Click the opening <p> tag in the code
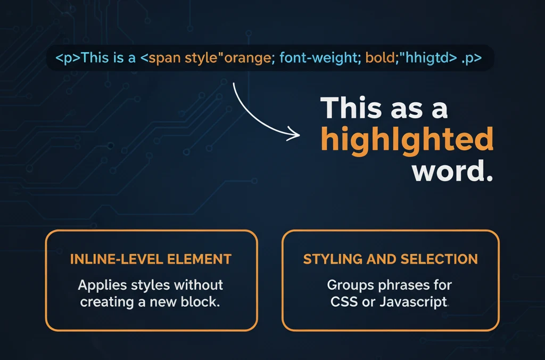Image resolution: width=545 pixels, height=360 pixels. tap(68, 58)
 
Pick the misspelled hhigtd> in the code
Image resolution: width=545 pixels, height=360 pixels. tap(431, 58)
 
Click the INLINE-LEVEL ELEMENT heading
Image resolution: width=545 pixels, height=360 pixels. tap(151, 259)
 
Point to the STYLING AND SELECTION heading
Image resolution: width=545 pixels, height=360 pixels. tap(390, 259)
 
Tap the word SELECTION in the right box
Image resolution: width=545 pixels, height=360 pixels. tap(439, 259)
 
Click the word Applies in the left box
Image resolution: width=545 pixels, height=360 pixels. tap(102, 285)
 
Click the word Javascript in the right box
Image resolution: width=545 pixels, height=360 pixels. tap(413, 302)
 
